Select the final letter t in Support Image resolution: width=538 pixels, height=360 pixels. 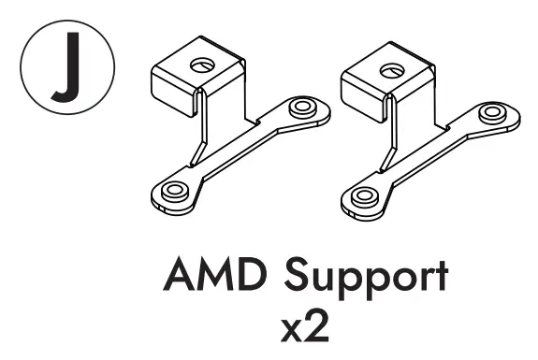tap(441, 275)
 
